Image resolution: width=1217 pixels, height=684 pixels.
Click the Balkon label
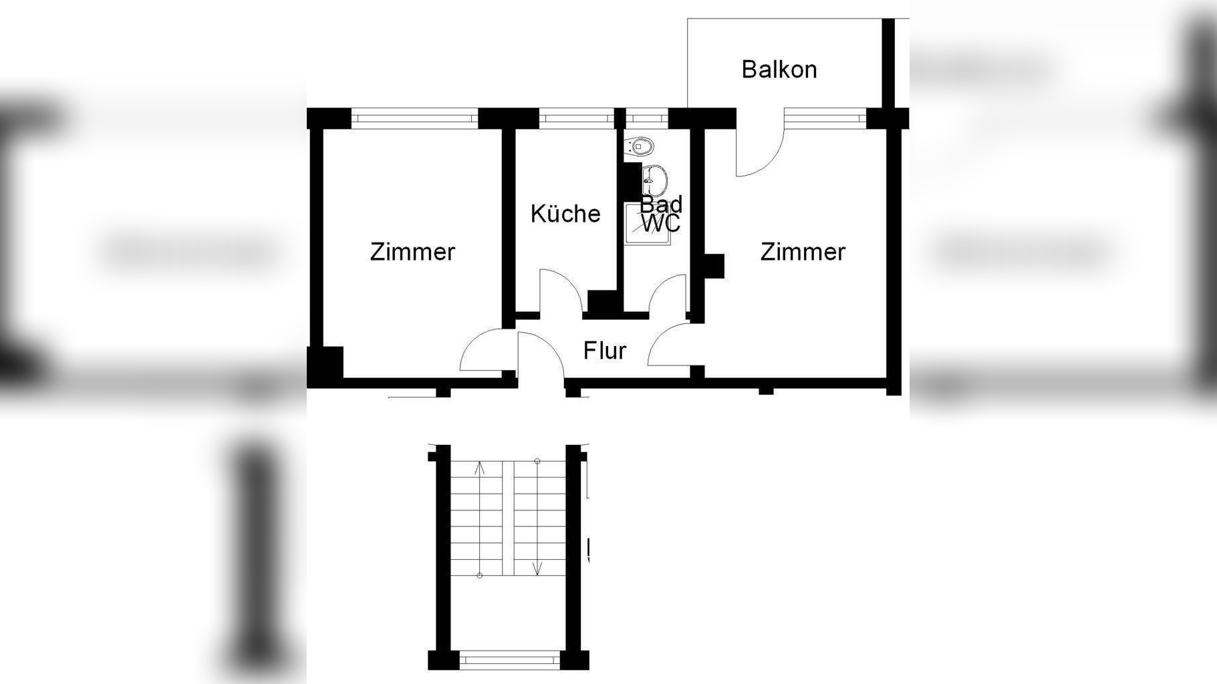pyautogui.click(x=779, y=69)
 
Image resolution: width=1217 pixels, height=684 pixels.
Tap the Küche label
pyautogui.click(x=565, y=214)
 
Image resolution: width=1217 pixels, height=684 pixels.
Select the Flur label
pyautogui.click(x=605, y=351)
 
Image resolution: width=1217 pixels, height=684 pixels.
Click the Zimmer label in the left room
pyautogui.click(x=412, y=252)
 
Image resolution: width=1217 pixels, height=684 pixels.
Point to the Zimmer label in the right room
pyautogui.click(x=803, y=252)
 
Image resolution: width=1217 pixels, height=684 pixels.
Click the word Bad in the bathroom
pyautogui.click(x=661, y=204)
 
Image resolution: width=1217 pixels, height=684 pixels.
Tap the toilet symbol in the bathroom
pyautogui.click(x=641, y=146)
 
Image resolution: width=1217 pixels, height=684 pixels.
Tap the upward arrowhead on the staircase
pyautogui.click(x=479, y=467)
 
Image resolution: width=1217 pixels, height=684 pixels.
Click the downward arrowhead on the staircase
pyautogui.click(x=537, y=568)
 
